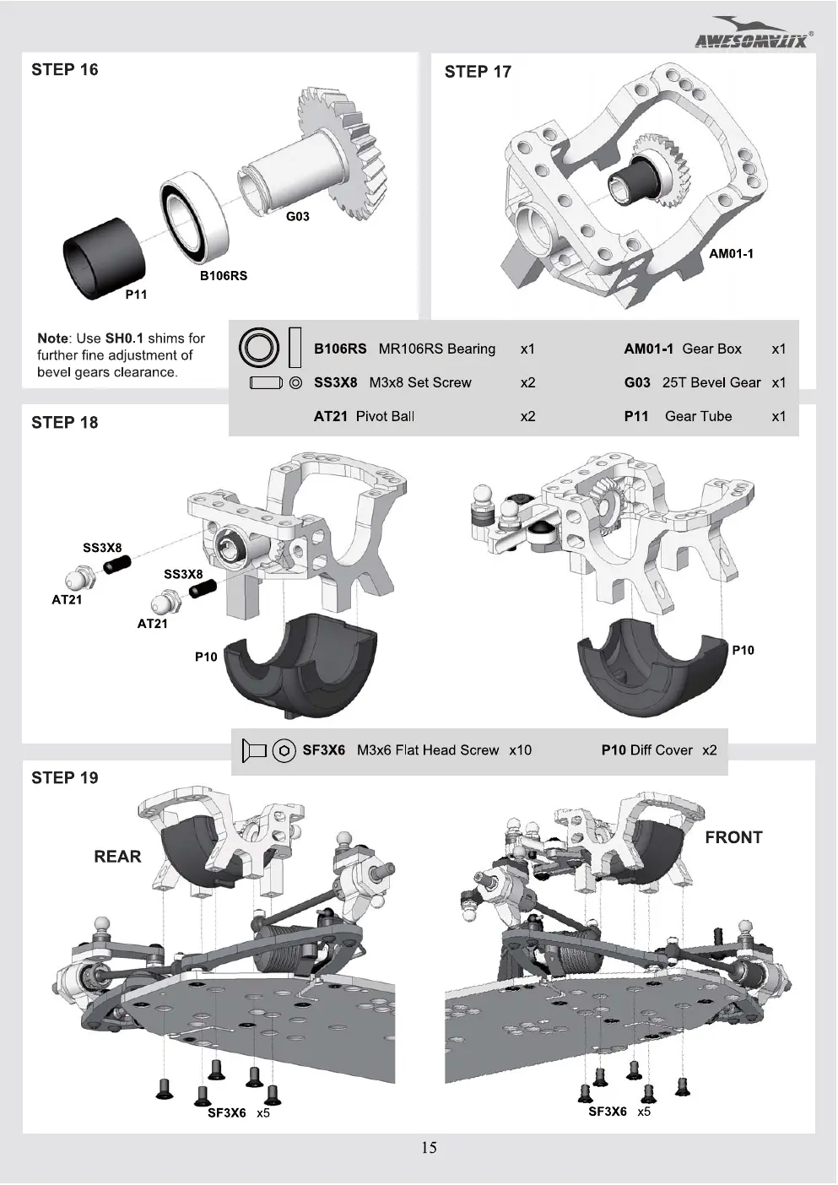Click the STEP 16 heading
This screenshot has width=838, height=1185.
pyautogui.click(x=64, y=69)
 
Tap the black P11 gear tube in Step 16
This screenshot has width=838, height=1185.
pyautogui.click(x=104, y=258)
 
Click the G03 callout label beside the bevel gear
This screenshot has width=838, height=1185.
pyautogui.click(x=297, y=216)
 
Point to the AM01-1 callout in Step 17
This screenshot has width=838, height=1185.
pyautogui.click(x=731, y=254)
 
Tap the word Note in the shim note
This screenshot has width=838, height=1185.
pyautogui.click(x=52, y=338)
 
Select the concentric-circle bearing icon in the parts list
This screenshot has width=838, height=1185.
pyautogui.click(x=259, y=349)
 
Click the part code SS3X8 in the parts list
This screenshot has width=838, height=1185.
pyautogui.click(x=335, y=382)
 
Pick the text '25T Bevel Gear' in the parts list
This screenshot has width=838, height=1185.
pyautogui.click(x=711, y=382)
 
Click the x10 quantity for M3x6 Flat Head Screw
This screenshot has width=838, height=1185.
pyautogui.click(x=520, y=750)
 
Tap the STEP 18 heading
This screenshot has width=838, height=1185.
pyautogui.click(x=64, y=422)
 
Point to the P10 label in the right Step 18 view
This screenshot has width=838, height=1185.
pyautogui.click(x=743, y=650)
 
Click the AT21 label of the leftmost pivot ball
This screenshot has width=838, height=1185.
pyautogui.click(x=67, y=599)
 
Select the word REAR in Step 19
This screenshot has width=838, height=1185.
pyautogui.click(x=117, y=857)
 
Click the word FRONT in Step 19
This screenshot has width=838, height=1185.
pyautogui.click(x=734, y=837)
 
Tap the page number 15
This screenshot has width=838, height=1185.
pyautogui.click(x=429, y=1147)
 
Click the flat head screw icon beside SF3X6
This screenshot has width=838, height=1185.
pyautogui.click(x=254, y=750)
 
